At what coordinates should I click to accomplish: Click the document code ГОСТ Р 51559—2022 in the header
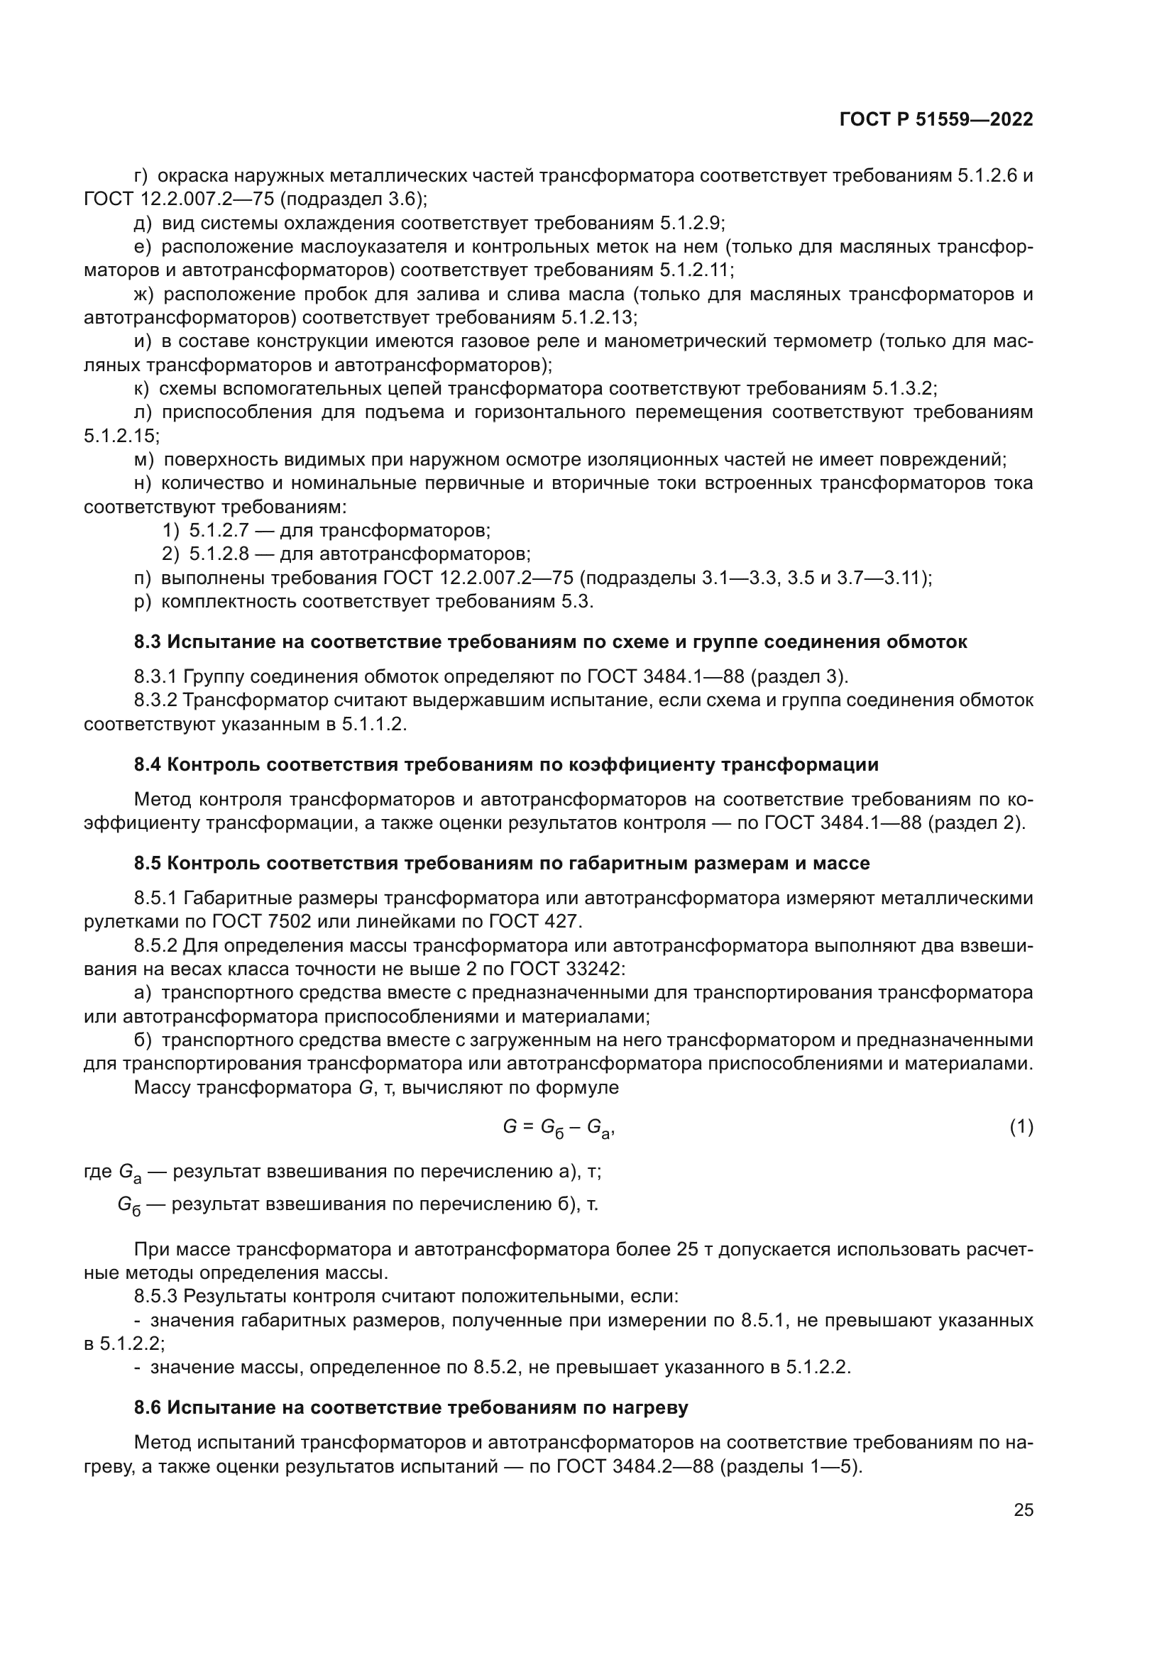pos(936,120)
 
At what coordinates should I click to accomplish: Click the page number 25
pos(1023,1510)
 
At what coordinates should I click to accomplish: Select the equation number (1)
pos(1021,1126)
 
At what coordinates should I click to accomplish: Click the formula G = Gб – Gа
pos(558,1127)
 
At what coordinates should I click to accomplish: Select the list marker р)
pos(143,602)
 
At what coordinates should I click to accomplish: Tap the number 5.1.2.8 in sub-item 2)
pos(219,554)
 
